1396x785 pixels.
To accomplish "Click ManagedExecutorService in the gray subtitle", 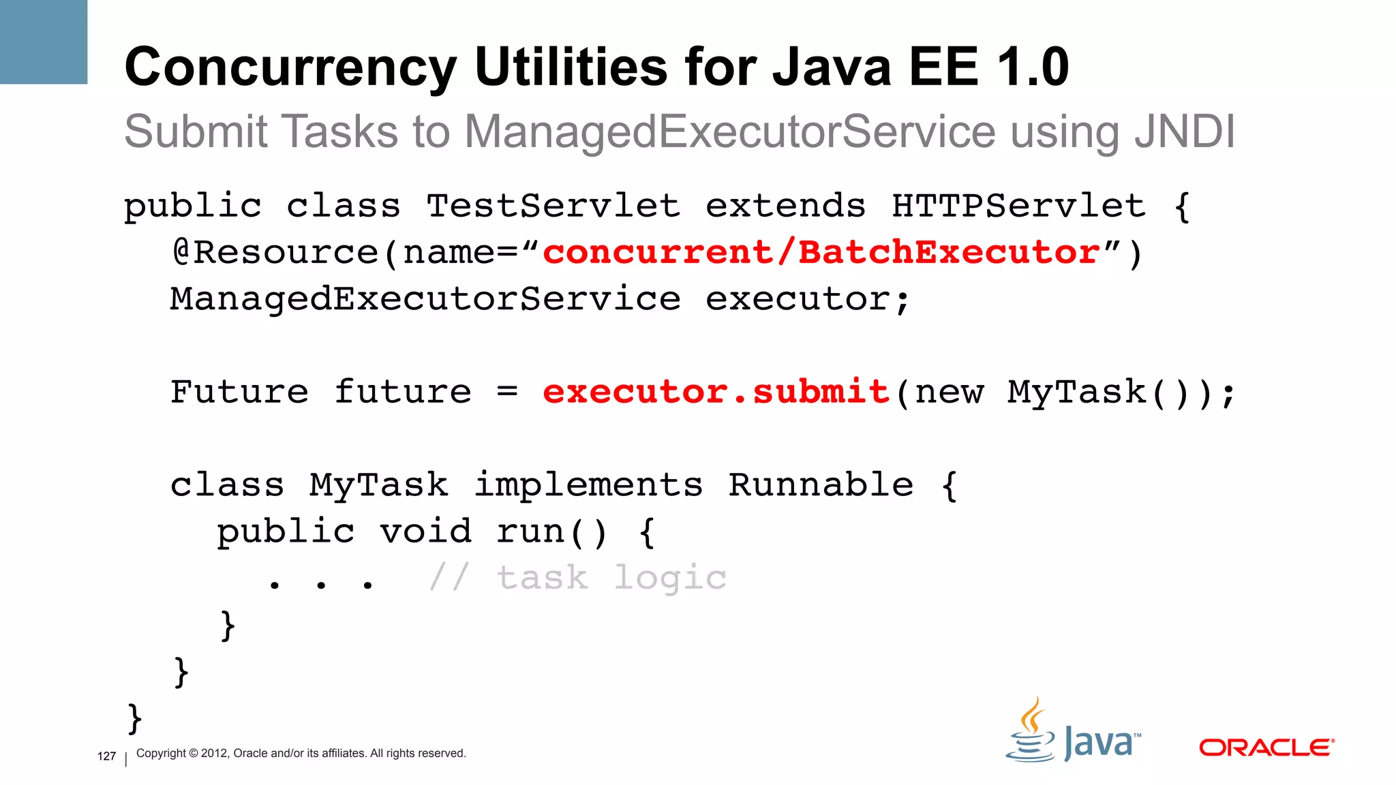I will (730, 131).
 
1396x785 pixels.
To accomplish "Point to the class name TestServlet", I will (553, 206).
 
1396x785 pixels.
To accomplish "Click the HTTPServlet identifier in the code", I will (1018, 206).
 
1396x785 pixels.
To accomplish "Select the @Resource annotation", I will (275, 253).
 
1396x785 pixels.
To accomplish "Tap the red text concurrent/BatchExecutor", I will (821, 253).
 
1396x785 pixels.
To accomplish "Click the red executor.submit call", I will (716, 392).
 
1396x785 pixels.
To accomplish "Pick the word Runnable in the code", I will (821, 485).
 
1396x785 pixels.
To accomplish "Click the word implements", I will (588, 485).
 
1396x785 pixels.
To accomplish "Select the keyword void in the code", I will (425, 532).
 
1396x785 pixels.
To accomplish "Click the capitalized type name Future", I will (239, 392).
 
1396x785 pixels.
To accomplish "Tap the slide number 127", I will (106, 756).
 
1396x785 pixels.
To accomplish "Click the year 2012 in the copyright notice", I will (214, 754).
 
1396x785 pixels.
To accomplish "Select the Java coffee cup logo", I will (1032, 730).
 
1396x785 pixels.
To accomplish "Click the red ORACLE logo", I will (1266, 748).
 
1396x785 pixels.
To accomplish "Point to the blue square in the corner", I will (44, 42).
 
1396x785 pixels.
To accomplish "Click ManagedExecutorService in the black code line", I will (425, 299).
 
